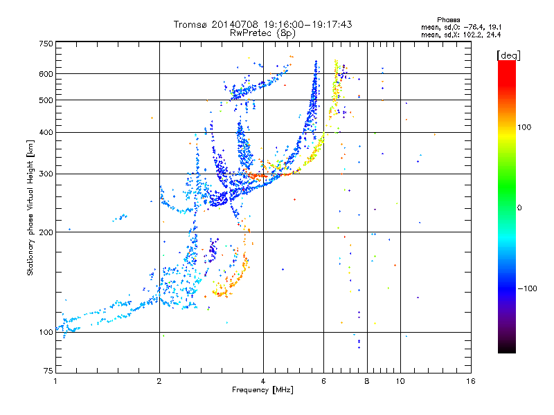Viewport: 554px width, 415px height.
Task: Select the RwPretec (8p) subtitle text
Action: point(262,33)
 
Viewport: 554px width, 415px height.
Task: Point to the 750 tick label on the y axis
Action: point(46,44)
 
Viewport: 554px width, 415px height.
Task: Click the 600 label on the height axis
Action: point(46,74)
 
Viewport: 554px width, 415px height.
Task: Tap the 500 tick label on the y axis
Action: point(46,100)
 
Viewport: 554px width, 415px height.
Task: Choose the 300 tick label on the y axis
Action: point(46,174)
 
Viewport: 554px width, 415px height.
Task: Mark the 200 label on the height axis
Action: point(46,232)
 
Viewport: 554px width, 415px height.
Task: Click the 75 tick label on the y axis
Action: point(48,371)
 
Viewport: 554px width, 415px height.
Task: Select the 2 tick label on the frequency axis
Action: point(159,381)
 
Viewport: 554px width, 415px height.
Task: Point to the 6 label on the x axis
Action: point(323,381)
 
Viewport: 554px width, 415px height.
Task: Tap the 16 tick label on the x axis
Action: point(471,381)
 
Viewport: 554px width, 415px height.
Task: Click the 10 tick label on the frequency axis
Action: point(400,381)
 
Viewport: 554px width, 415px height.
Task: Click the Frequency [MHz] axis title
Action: point(262,390)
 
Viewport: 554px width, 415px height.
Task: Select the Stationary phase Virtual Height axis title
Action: point(30,207)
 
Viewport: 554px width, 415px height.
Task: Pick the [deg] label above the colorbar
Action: point(508,55)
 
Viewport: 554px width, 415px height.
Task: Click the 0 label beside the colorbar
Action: point(519,208)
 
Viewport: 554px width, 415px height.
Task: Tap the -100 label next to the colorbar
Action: point(527,288)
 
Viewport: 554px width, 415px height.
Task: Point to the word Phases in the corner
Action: point(448,20)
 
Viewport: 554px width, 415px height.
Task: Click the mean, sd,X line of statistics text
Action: point(461,35)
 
